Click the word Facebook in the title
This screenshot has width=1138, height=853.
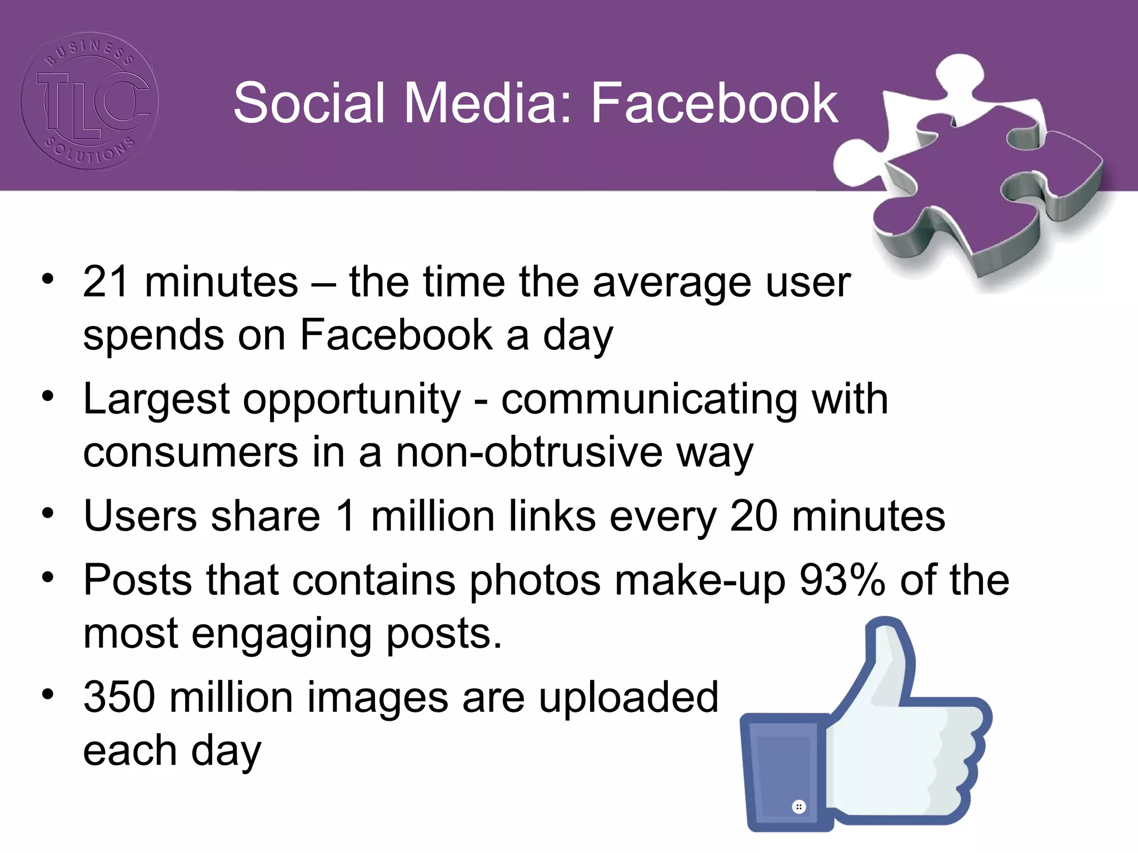[713, 103]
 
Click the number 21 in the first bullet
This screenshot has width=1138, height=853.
[106, 282]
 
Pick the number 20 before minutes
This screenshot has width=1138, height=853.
[753, 516]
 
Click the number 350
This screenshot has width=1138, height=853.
[118, 698]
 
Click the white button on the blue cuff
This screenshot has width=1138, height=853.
[798, 806]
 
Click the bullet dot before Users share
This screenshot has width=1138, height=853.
[48, 514]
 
